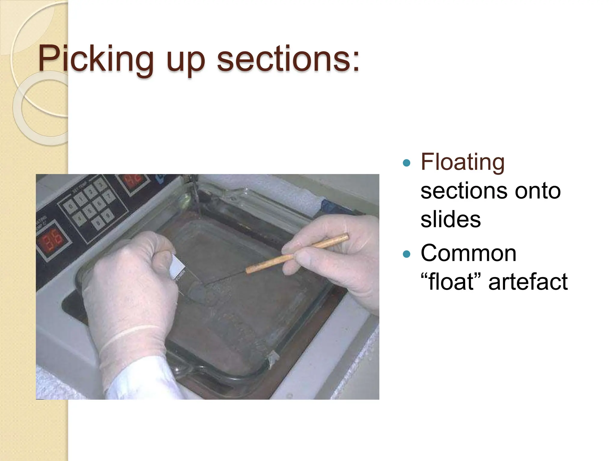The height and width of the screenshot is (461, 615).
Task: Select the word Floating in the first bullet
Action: (x=462, y=162)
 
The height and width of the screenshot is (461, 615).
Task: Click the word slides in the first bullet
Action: (x=450, y=219)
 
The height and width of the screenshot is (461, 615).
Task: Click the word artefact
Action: (x=528, y=282)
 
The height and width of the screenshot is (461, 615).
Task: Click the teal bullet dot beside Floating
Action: (x=406, y=163)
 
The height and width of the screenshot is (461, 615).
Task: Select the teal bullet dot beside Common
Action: (x=406, y=254)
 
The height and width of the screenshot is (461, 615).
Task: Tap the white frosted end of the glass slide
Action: (x=177, y=266)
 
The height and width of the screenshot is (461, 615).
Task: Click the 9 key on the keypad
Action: (x=108, y=215)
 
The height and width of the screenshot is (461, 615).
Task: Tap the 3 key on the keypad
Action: (x=101, y=183)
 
